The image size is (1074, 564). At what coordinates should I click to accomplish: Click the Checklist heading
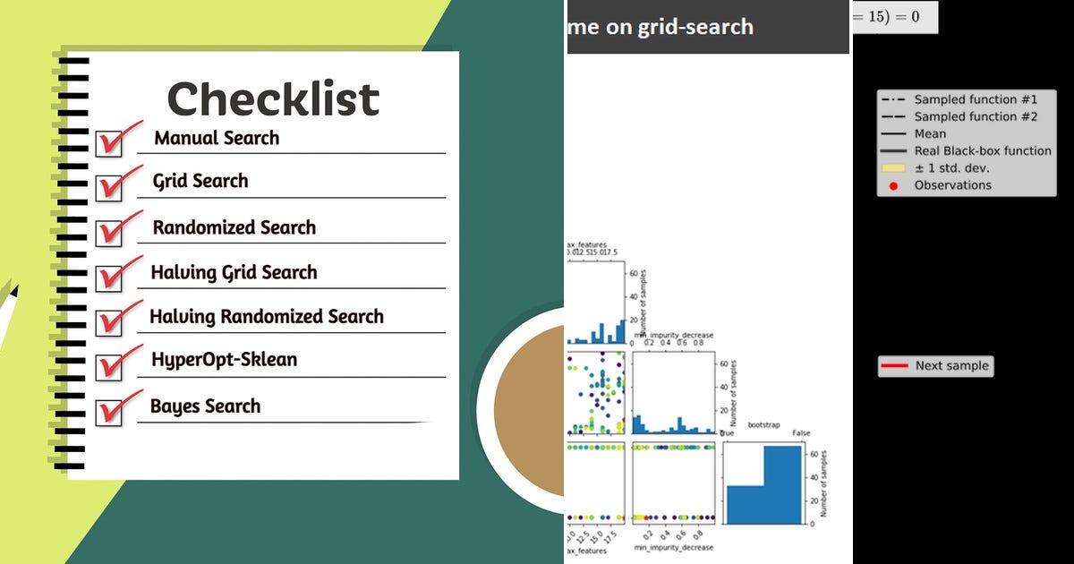(x=273, y=98)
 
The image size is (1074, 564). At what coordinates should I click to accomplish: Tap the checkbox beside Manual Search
(x=109, y=143)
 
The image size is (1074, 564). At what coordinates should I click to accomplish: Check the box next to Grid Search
(x=109, y=187)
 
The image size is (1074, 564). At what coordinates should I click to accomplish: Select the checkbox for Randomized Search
(x=109, y=232)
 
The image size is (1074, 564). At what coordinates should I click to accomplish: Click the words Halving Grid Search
(x=234, y=272)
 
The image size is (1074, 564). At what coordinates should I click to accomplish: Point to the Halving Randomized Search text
(x=266, y=317)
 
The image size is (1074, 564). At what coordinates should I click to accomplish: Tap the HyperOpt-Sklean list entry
(x=224, y=360)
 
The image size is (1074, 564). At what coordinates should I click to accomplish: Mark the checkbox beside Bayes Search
(x=109, y=412)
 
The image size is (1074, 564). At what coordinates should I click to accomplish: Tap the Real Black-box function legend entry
(x=982, y=150)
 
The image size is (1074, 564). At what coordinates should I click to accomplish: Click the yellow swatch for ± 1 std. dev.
(x=893, y=168)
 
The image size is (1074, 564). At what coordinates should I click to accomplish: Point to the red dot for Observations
(x=893, y=185)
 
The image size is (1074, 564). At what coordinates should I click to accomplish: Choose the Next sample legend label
(x=951, y=365)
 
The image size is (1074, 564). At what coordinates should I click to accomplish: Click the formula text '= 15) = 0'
(x=895, y=16)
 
